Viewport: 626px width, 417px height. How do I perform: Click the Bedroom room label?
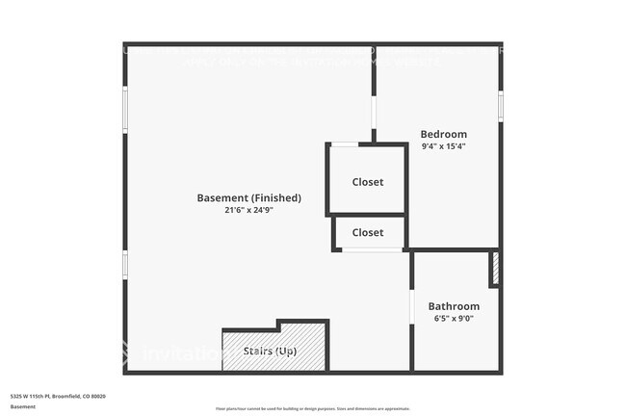[443, 134]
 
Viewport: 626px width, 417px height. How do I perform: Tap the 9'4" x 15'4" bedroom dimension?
[443, 146]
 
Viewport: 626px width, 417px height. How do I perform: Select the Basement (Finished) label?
[248, 198]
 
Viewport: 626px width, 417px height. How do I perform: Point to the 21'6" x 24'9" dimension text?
[248, 211]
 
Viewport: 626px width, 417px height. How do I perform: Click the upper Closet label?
[367, 182]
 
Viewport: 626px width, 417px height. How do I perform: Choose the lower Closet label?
[367, 232]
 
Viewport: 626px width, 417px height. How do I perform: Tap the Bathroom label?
[454, 306]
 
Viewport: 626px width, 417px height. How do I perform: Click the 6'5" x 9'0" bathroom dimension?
[454, 319]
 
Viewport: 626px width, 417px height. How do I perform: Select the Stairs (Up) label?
[270, 352]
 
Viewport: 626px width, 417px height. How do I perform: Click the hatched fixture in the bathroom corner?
[494, 269]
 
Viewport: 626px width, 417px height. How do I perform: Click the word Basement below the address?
[23, 406]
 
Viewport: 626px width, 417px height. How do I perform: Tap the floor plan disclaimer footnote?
[313, 409]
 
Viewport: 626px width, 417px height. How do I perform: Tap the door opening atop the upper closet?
[345, 144]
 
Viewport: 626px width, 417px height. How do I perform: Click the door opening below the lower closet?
[372, 250]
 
